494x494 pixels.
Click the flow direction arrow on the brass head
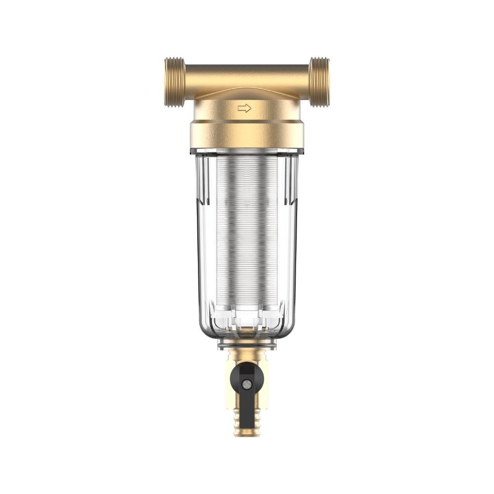pos(244,108)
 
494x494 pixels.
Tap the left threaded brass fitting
pos(175,82)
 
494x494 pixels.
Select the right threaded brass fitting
pos(319,82)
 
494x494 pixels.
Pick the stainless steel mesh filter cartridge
pos(247,232)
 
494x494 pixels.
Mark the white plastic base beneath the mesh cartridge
pos(247,316)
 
